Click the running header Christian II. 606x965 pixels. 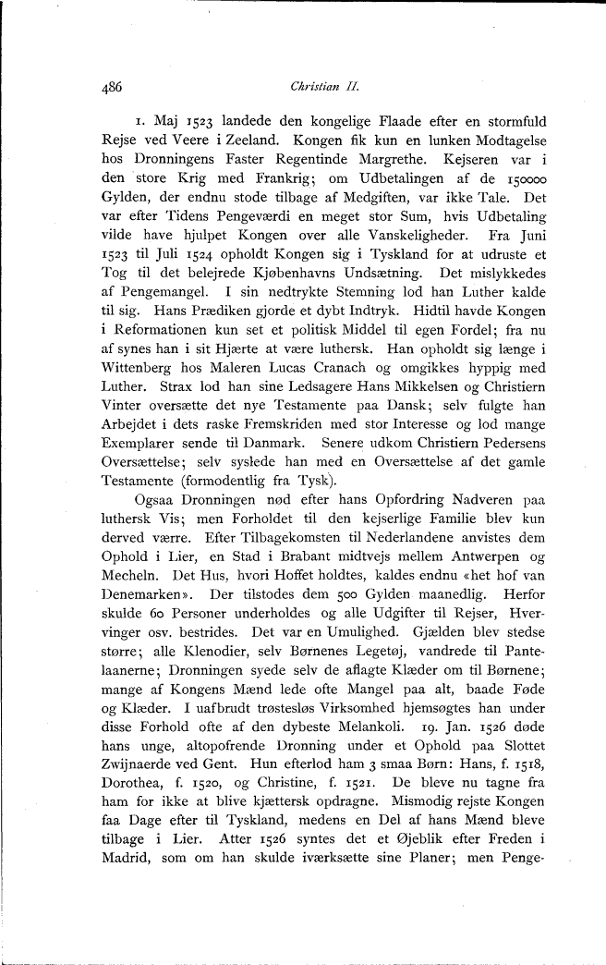(x=317, y=88)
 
